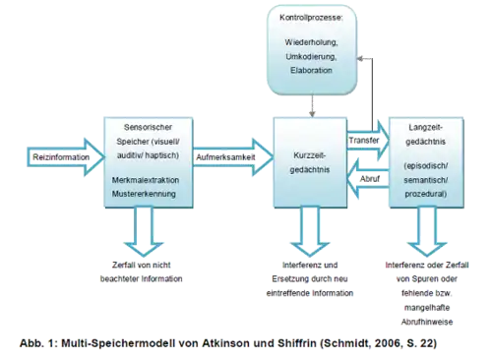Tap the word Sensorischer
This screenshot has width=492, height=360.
pos(146,128)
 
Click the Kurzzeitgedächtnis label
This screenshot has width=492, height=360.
pos(312,163)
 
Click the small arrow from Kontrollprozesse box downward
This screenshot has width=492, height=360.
pos(312,106)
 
